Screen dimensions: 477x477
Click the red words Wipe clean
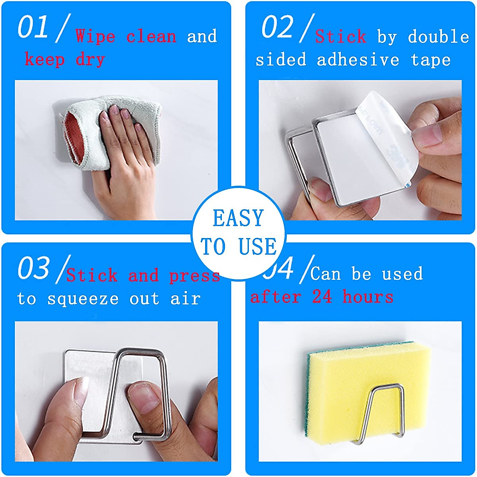tap(126, 37)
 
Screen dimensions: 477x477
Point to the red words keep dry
tap(65, 60)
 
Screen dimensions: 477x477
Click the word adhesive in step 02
tap(358, 60)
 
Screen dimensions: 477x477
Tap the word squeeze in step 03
tap(83, 299)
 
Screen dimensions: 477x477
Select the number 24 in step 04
tap(322, 297)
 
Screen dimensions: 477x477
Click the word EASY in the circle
tap(238, 219)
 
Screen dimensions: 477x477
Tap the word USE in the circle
tap(258, 246)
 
